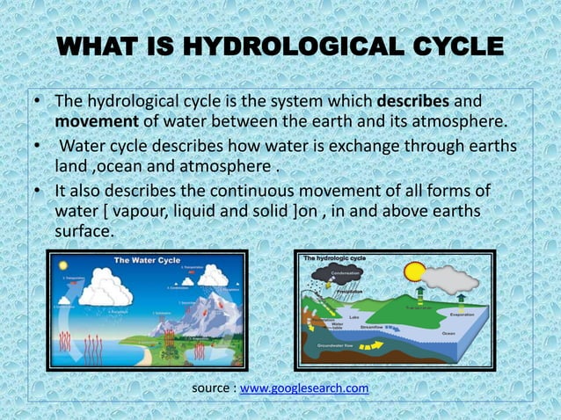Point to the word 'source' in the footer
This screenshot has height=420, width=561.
click(x=212, y=388)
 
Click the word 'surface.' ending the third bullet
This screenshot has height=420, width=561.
click(x=84, y=232)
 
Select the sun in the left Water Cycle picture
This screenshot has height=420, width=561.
click(x=61, y=266)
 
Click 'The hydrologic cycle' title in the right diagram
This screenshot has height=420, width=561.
click(x=335, y=258)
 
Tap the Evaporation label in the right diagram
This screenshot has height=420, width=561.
click(x=460, y=312)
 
